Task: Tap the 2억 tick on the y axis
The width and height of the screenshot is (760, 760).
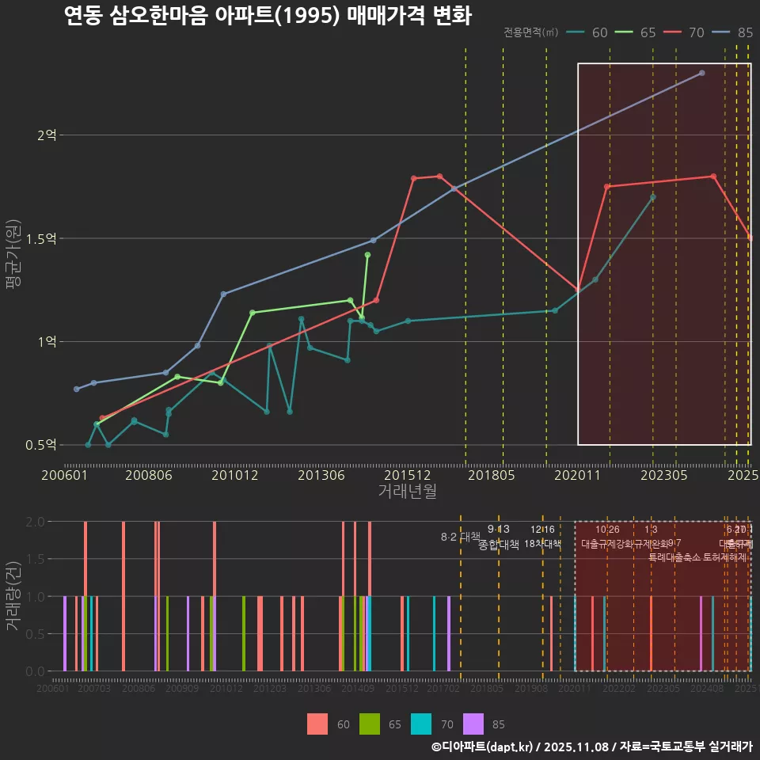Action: point(47,135)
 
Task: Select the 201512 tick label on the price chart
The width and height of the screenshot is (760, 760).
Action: point(408,476)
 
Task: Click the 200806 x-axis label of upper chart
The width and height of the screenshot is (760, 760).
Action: point(150,476)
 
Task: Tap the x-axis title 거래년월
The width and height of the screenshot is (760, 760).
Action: point(407,492)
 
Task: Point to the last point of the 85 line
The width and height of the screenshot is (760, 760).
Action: point(702,73)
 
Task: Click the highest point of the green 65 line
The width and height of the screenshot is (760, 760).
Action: point(367,255)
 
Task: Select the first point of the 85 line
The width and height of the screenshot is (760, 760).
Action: point(77,389)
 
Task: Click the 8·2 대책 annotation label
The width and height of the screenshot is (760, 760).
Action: point(461,537)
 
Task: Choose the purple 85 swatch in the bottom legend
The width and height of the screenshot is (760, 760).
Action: point(473,724)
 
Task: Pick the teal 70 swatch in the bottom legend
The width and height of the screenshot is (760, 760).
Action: point(421,724)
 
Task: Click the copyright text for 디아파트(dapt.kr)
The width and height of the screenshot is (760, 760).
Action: point(591,747)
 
